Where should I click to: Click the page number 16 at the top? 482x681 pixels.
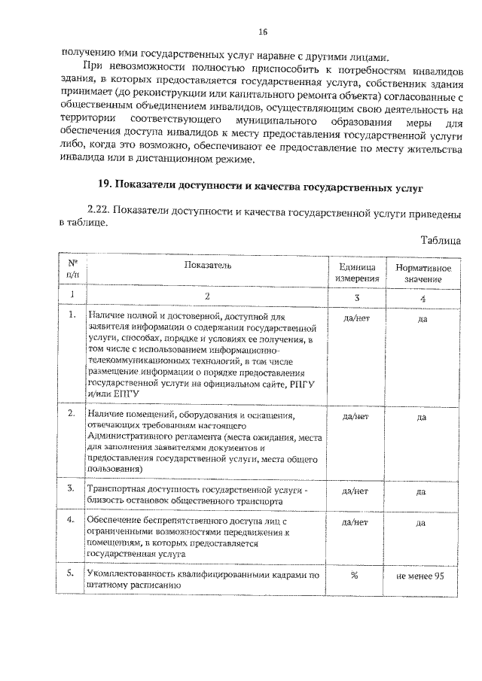[262, 32]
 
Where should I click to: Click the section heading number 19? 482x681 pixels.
[107, 184]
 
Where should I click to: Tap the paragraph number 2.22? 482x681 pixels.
[102, 212]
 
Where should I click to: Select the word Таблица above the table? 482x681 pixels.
[439, 240]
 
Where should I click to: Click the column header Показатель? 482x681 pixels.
[206, 265]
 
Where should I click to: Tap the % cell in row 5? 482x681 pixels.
[355, 576]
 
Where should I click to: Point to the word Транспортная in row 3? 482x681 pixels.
[114, 490]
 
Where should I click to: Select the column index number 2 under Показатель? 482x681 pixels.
[205, 296]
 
